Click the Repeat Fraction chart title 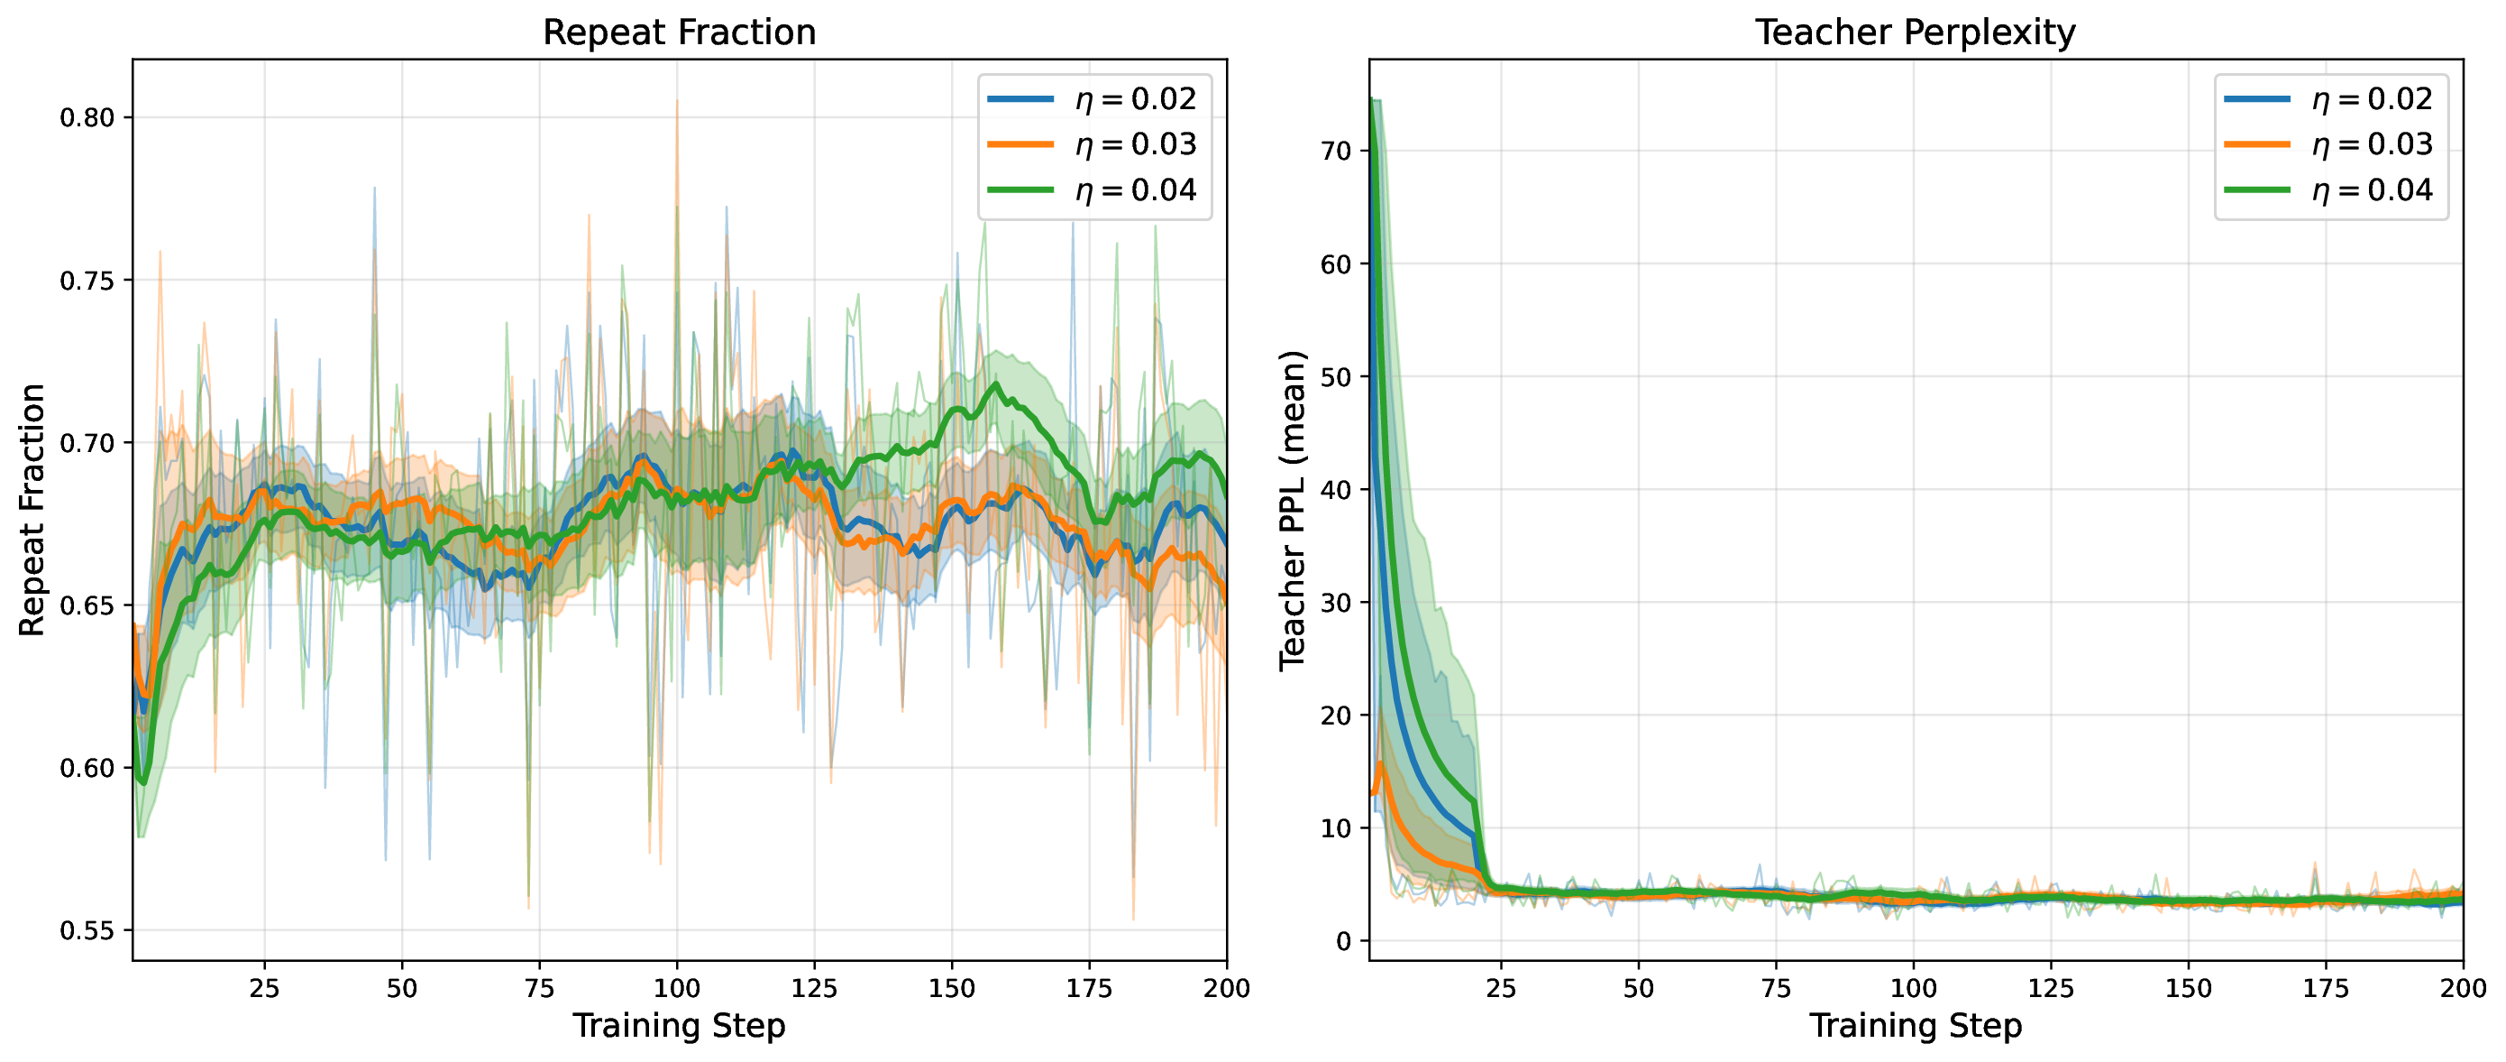pos(679,32)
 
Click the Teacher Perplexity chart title pos(1915,32)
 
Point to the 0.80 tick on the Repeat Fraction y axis pos(87,118)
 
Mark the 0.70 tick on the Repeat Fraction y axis pos(87,444)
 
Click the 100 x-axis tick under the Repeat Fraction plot pos(676,989)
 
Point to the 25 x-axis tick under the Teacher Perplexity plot pos(1501,989)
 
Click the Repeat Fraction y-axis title pos(32,510)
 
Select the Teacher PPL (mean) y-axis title pos(1291,510)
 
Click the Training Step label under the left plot pos(679,1026)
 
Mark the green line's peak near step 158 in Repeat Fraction pos(995,384)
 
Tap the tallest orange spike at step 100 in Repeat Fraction pos(677,100)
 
